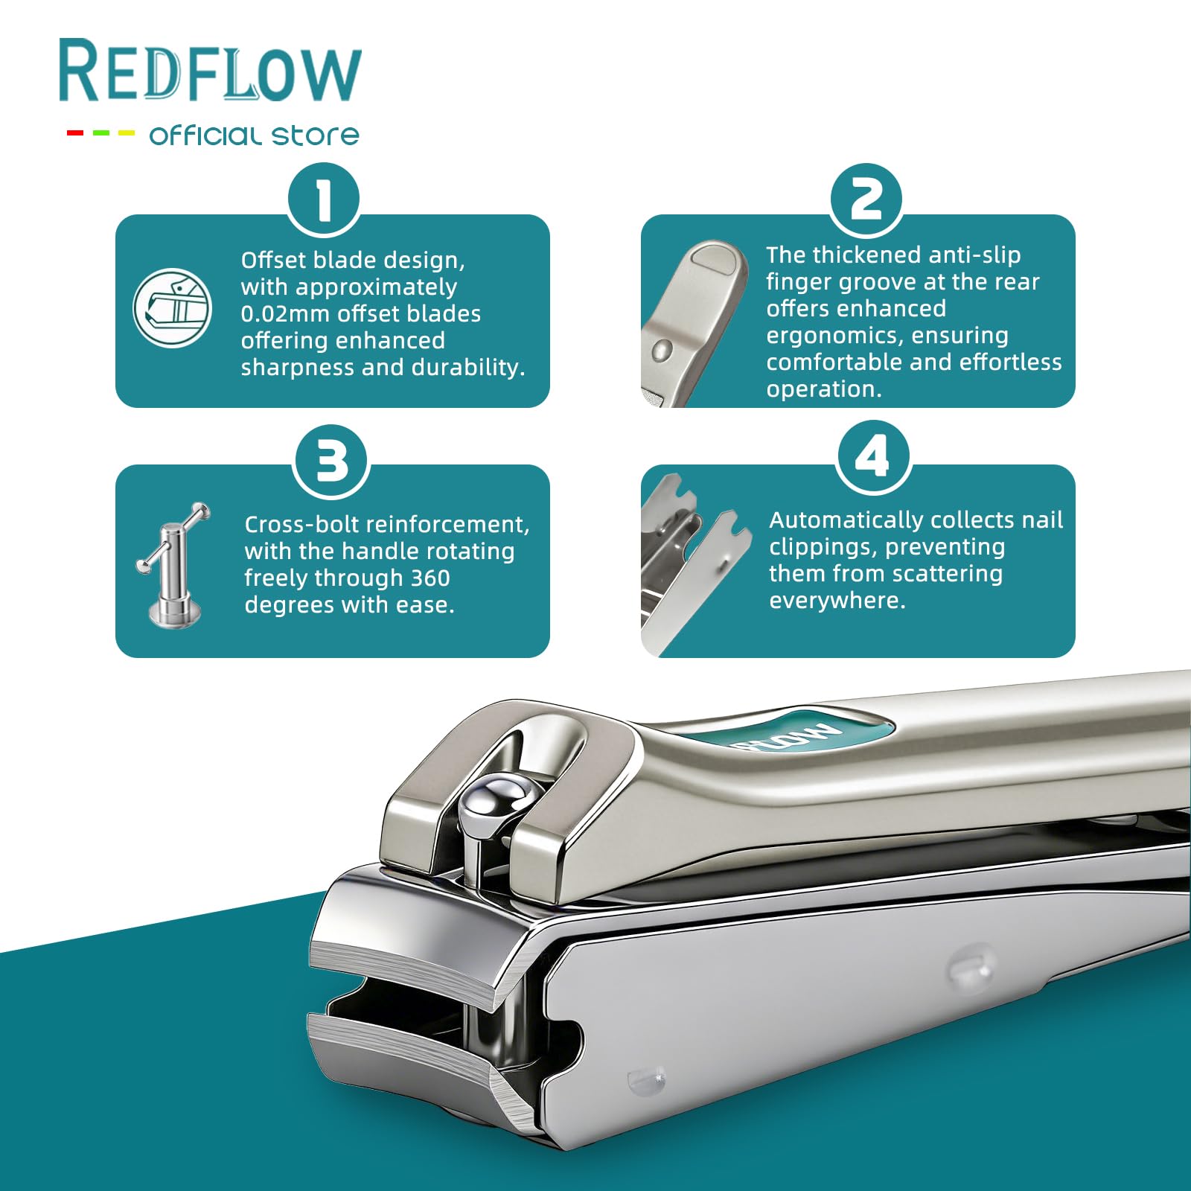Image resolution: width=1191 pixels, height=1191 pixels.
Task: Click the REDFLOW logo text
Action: [210, 71]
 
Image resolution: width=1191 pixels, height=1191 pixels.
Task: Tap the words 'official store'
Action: [255, 135]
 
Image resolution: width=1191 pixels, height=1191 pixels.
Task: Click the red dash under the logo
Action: [75, 133]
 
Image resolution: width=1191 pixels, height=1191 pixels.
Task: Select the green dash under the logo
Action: [101, 133]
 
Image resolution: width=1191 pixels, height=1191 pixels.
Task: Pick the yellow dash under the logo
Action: [127, 133]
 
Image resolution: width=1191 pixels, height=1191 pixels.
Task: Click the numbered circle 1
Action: [324, 199]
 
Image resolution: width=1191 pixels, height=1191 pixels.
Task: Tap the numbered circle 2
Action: [866, 199]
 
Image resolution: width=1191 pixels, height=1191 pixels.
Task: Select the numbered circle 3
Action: [332, 461]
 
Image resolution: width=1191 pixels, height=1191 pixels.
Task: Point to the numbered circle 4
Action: [874, 456]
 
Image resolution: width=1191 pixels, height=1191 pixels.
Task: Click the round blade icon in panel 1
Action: [173, 308]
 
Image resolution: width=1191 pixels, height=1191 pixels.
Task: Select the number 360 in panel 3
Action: [430, 578]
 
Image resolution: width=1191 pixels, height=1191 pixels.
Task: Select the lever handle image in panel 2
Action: [694, 323]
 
